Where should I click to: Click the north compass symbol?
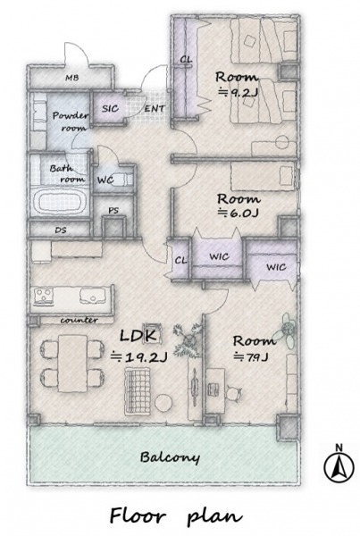[339, 467]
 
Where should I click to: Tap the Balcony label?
[170, 457]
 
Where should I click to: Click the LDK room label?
[138, 336]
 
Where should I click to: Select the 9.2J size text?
[238, 93]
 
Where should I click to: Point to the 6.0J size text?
[239, 213]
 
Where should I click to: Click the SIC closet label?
[110, 109]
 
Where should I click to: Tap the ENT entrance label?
[155, 109]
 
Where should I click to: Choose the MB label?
[71, 78]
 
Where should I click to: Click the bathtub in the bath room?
[60, 203]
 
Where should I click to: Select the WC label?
[105, 180]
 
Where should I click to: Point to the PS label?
[113, 211]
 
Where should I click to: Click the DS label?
[61, 230]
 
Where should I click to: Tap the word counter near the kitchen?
[79, 321]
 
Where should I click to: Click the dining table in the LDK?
[72, 363]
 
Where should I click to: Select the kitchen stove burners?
[43, 296]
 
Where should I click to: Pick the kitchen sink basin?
[93, 296]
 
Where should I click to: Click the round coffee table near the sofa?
[163, 403]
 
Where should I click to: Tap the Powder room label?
[71, 121]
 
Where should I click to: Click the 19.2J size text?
[139, 357]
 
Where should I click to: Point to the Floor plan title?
[176, 516]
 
